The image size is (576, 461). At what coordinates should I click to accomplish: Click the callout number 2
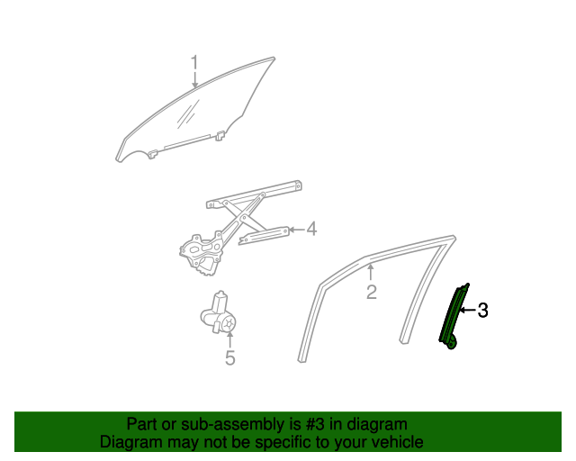371,292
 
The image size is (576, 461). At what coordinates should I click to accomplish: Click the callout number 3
483,312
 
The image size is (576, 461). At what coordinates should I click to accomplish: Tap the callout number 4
311,230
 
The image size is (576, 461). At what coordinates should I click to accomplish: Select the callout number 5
229,358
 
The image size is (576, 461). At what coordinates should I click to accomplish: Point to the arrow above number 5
229,339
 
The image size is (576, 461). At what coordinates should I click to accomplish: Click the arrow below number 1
193,81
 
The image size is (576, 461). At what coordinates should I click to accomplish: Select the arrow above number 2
370,271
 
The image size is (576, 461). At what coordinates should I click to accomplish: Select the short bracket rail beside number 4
265,236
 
